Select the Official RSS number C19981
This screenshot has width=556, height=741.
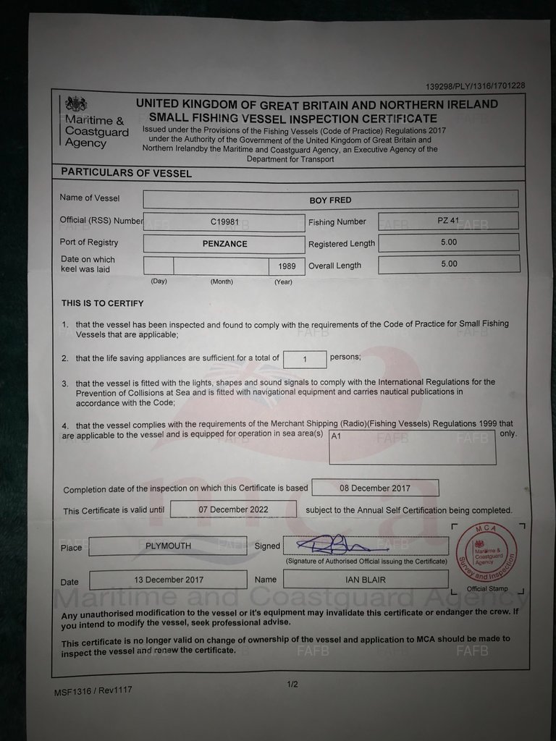224,223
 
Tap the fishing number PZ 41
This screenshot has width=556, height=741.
449,221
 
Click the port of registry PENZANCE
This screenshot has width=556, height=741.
224,245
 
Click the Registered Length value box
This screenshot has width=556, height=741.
449,242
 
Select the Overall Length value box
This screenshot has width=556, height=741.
449,264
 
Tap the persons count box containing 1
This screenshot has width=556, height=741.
304,359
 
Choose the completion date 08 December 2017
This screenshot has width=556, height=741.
375,488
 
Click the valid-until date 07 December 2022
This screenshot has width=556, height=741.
234,509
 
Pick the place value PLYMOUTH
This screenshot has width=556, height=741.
168,546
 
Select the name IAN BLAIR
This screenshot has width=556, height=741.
366,580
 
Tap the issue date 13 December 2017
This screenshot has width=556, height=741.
169,580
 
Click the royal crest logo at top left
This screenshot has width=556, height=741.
75,103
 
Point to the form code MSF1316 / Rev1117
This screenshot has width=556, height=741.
93,691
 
